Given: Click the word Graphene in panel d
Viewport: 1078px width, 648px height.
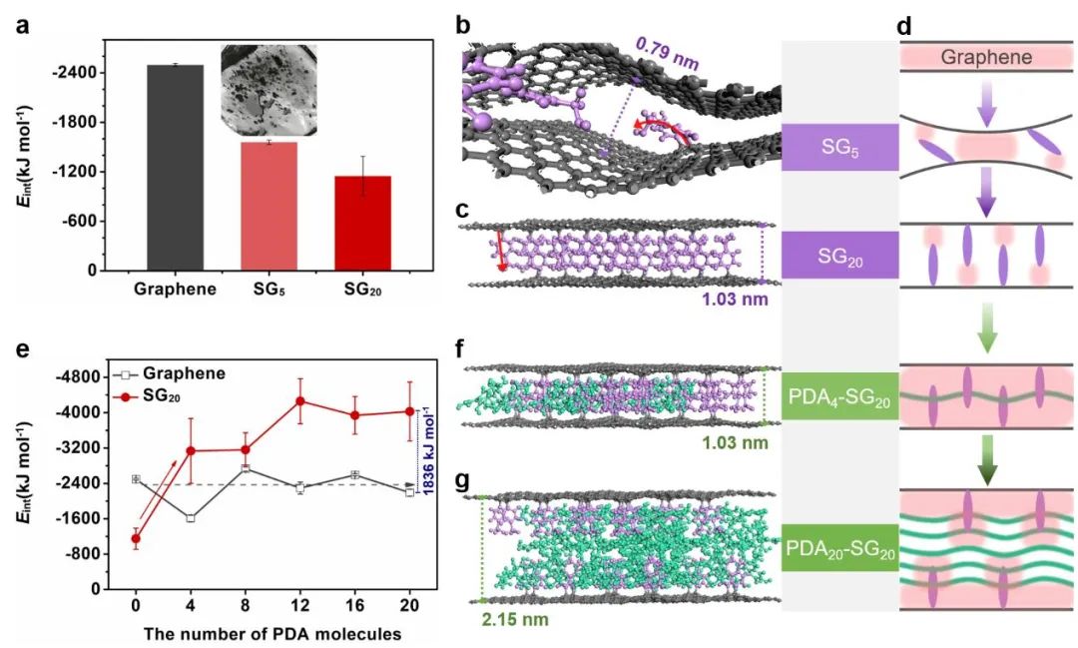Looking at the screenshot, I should pos(986,57).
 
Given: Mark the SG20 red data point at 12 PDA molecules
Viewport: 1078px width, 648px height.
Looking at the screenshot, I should pos(298,401).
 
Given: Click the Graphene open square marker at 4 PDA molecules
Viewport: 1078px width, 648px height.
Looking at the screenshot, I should pos(190,518).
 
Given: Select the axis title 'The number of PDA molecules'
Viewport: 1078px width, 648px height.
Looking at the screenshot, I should pos(271,632).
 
